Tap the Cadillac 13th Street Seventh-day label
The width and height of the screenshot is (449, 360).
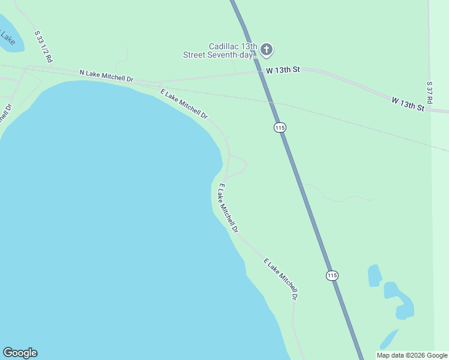coord(220,50)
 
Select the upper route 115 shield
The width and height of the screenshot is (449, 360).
coord(279,127)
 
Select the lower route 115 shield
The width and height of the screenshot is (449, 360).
coord(333,275)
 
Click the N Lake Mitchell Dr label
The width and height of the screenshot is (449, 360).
coord(106,76)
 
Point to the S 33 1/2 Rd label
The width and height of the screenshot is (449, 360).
coord(43,47)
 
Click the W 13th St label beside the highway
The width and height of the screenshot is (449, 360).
coord(283,70)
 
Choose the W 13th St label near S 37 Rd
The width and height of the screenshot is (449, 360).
coord(408,103)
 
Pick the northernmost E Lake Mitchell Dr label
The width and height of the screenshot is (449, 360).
coord(184,103)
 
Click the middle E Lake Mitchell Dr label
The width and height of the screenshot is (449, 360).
coord(228,208)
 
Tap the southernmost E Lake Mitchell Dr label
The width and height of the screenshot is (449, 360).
coord(281,279)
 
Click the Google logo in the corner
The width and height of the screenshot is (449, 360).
coord(20,353)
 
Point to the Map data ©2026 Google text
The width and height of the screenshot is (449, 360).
coord(412,355)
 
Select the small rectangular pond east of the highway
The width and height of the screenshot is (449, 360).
coord(375,275)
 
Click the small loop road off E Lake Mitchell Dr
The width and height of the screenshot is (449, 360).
coord(238,164)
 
